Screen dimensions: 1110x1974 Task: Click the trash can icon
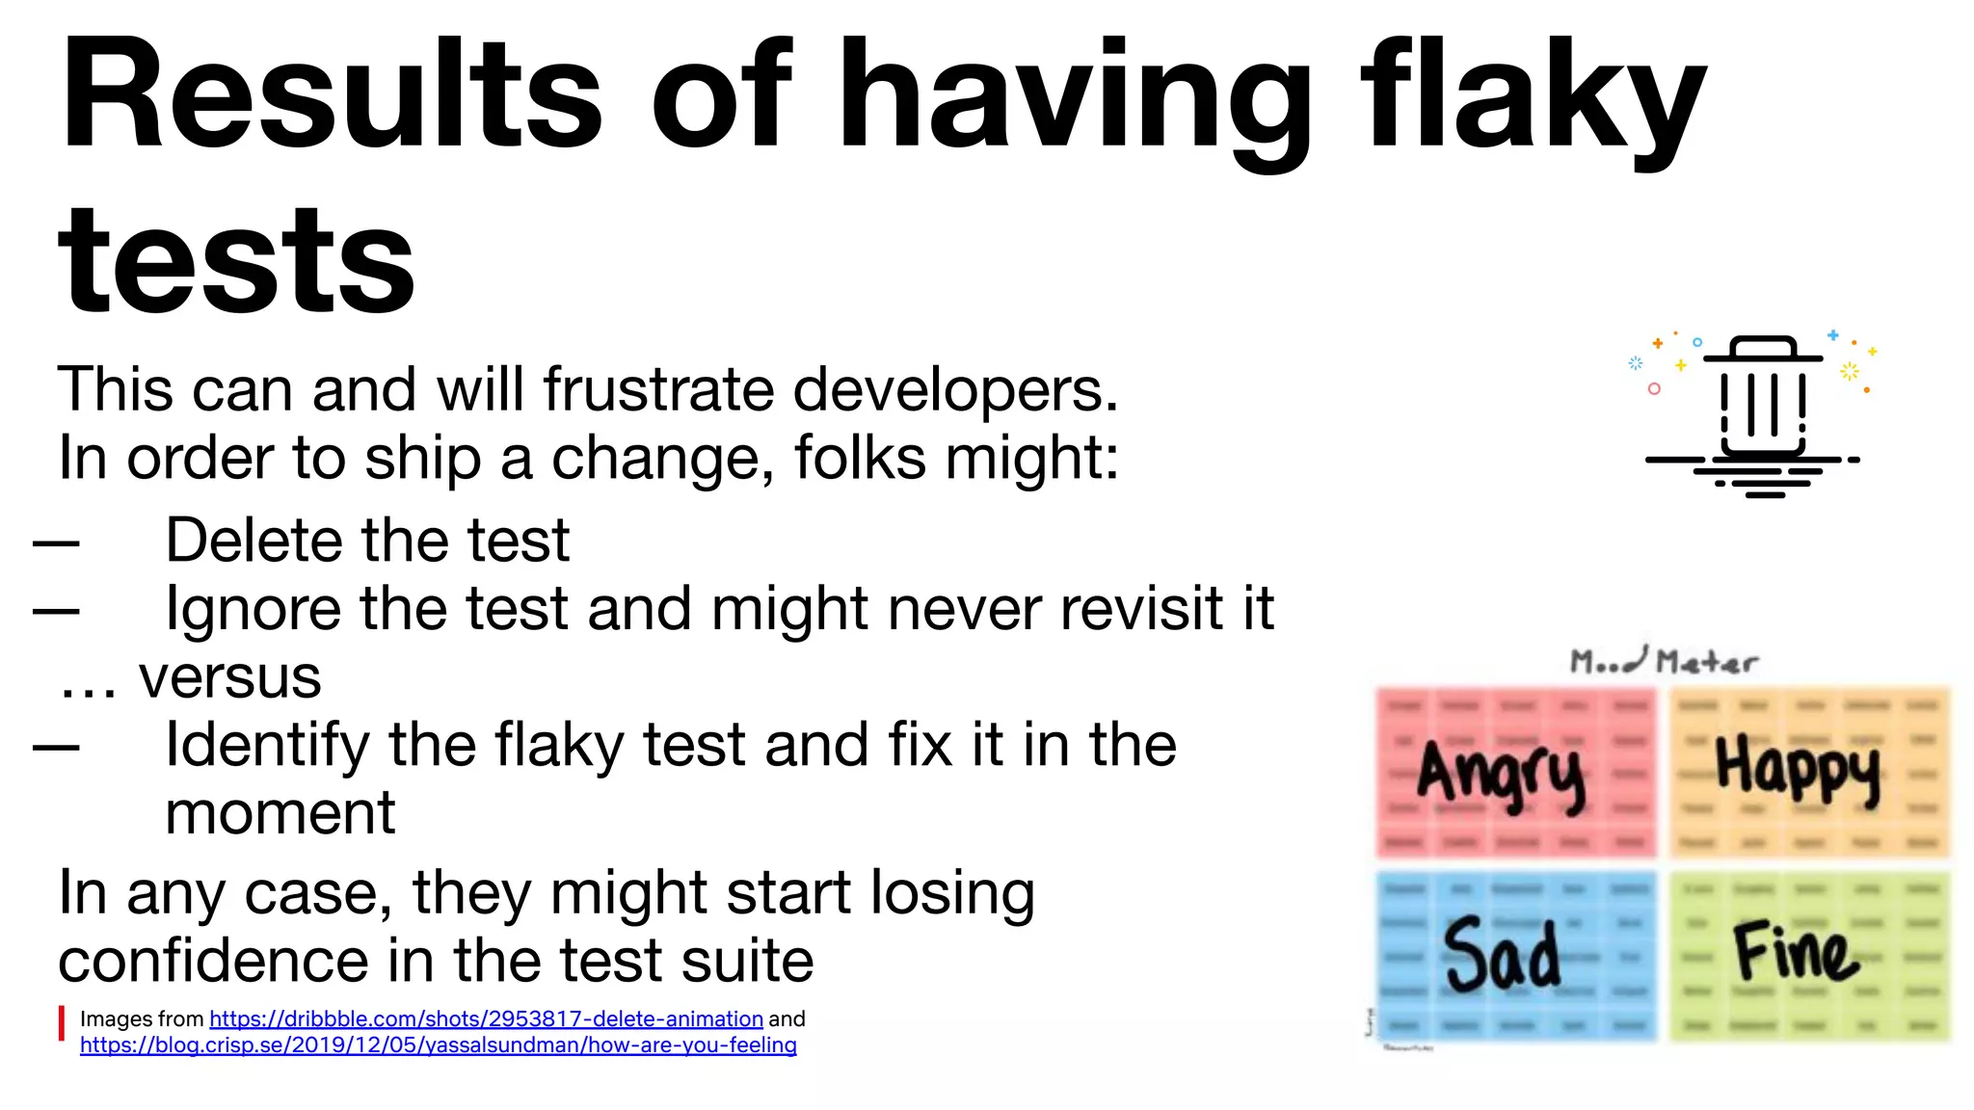click(x=1763, y=405)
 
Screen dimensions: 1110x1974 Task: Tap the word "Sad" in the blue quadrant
click(x=1501, y=954)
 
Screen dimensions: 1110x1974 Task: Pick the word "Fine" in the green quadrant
click(x=1796, y=952)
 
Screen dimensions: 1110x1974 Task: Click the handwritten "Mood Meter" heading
click(x=1664, y=661)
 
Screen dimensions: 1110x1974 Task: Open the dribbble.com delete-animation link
click(x=486, y=1019)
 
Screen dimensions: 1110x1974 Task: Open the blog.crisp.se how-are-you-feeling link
click(x=438, y=1045)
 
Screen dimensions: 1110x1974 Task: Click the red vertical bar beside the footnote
click(x=62, y=1023)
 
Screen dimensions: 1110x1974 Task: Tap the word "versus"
click(x=229, y=676)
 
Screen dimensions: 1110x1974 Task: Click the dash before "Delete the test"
click(x=56, y=543)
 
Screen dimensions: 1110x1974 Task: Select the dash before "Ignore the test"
click(x=56, y=611)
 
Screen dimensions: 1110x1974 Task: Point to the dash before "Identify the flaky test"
click(x=56, y=747)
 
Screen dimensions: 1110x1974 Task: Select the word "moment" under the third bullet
click(x=280, y=813)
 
